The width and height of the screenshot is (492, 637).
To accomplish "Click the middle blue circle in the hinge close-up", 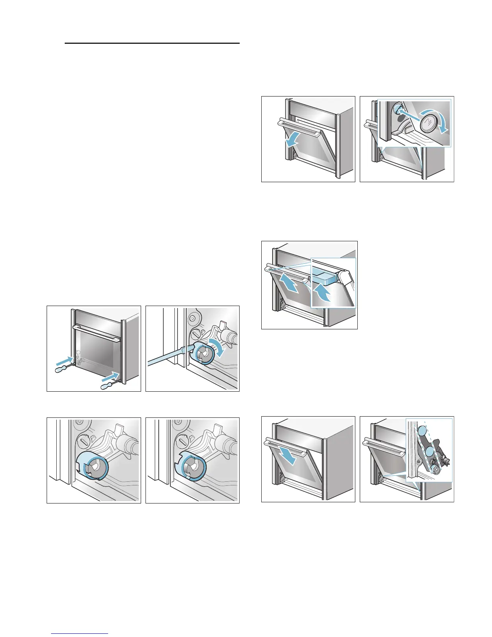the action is pos(429,451).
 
